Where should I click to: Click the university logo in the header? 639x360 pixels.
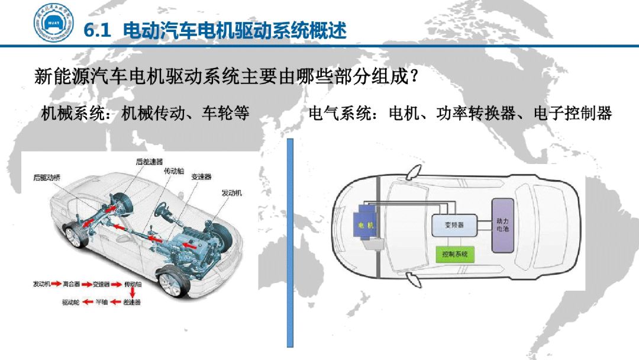(x=53, y=26)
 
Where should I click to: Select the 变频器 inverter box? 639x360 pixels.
(x=453, y=225)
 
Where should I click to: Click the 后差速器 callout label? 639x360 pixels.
(x=149, y=161)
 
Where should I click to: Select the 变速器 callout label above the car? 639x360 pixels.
(x=201, y=177)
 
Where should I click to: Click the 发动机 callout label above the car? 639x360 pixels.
(x=231, y=193)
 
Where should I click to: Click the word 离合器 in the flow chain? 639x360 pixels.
(x=71, y=284)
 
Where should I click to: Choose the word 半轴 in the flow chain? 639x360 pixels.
(x=102, y=302)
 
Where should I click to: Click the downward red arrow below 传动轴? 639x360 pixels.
(x=133, y=293)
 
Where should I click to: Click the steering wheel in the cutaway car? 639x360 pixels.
(x=161, y=209)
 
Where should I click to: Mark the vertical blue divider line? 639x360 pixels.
(x=290, y=243)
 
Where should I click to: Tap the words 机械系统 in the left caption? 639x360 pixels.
(x=64, y=113)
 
